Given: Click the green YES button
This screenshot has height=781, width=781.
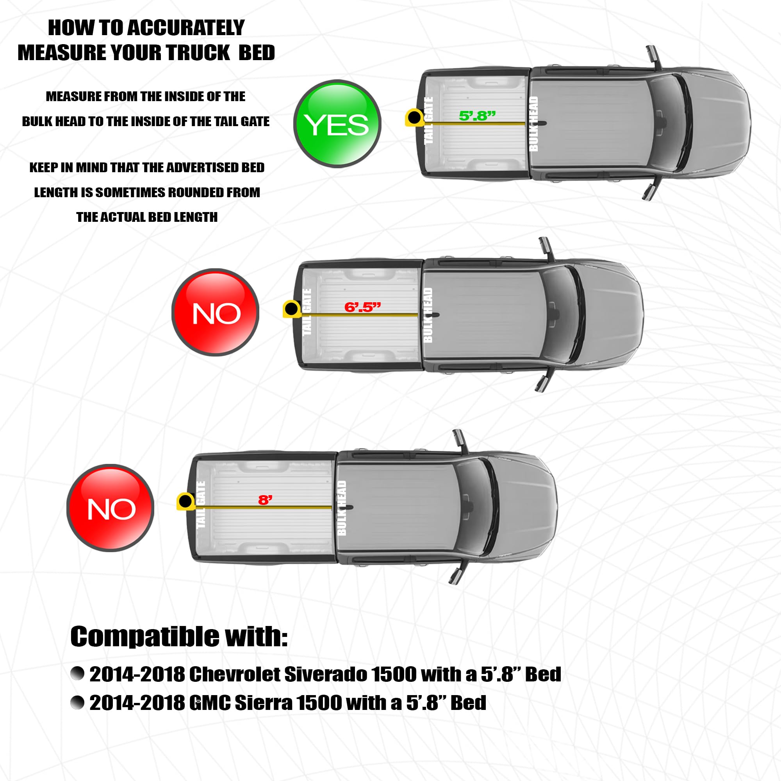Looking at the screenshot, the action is [x=337, y=124].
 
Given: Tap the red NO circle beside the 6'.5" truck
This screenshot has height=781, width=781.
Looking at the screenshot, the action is [x=216, y=312].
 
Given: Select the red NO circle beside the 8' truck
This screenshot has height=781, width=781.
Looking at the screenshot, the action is [x=111, y=508].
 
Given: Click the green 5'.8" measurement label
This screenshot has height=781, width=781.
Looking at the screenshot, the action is [x=477, y=116].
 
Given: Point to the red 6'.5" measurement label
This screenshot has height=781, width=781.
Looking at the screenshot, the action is [x=363, y=307].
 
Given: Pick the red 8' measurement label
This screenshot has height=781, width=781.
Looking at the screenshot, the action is [x=265, y=500].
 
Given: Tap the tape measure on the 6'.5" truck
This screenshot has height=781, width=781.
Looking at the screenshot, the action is [x=291, y=309].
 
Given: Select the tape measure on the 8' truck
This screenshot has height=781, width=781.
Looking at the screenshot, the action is [x=185, y=501].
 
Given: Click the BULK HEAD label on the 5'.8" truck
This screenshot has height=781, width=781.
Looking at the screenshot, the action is [x=533, y=124].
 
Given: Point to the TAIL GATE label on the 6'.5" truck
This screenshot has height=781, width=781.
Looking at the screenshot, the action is [x=307, y=312].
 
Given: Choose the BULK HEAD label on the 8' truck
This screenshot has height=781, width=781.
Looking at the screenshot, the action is [x=342, y=508].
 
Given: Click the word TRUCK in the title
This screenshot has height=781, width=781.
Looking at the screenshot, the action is [x=198, y=53].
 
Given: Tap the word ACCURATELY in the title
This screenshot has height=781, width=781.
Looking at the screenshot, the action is [x=186, y=27].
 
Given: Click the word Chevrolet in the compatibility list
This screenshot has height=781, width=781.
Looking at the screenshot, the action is [x=235, y=674].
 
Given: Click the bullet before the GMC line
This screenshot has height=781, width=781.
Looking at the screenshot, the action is [x=77, y=703].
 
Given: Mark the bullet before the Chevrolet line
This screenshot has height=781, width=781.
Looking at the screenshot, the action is [x=77, y=674].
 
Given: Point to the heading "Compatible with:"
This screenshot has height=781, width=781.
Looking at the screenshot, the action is [x=179, y=636].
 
